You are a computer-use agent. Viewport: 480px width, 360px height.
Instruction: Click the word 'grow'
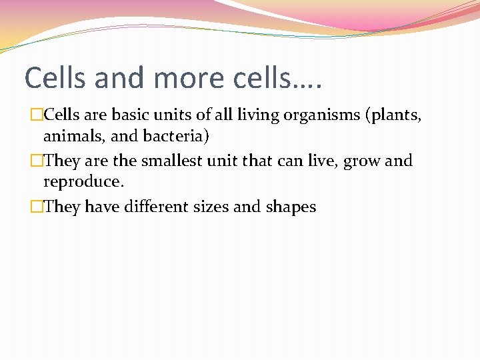[x=362, y=161]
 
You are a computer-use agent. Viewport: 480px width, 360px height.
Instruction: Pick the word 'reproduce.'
[x=84, y=182]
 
